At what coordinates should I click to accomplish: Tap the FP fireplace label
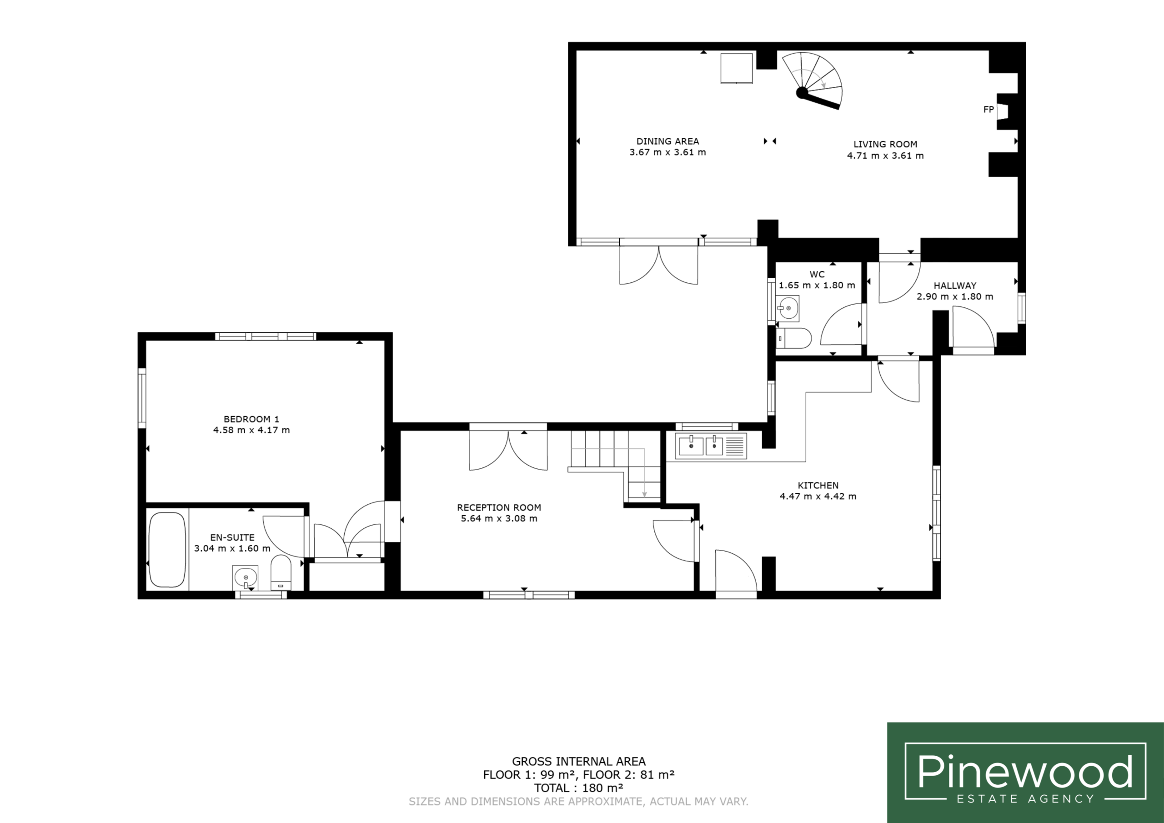(x=988, y=110)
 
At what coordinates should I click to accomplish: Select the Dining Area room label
(x=667, y=141)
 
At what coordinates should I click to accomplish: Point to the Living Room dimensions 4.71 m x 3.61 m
(x=885, y=156)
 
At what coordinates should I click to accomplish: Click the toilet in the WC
(x=793, y=338)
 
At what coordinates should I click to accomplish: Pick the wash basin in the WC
(x=788, y=308)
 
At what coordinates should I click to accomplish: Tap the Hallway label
(x=955, y=286)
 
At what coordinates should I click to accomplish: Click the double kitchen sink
(x=711, y=446)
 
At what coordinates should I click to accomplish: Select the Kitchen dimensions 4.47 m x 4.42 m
(x=818, y=497)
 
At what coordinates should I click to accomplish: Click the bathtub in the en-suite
(x=167, y=550)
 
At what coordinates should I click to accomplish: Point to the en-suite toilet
(x=281, y=573)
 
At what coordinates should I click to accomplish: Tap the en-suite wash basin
(x=246, y=577)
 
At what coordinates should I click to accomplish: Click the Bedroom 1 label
(x=251, y=419)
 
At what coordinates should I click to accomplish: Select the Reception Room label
(x=499, y=507)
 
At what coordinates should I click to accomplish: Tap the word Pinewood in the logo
(x=1025, y=772)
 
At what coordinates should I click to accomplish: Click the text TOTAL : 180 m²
(x=578, y=788)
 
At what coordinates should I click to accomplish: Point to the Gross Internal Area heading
(x=578, y=761)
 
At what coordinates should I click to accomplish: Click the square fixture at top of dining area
(x=737, y=68)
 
